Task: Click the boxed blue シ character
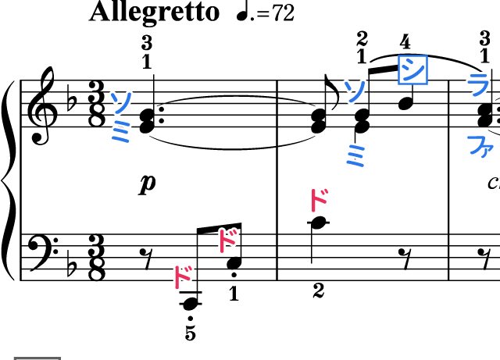point(412,70)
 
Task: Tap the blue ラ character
point(478,84)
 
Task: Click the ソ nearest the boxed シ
point(355,91)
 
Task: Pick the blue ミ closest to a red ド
point(356,155)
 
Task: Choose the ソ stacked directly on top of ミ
point(121,102)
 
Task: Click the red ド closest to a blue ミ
point(317,200)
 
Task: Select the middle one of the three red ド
point(226,241)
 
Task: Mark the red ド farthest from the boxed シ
point(181,276)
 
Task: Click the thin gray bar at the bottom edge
point(37,358)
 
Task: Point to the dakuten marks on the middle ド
point(234,232)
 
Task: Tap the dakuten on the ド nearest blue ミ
point(325,191)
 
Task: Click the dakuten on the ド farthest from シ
point(189,268)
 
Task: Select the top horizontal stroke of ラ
point(477,76)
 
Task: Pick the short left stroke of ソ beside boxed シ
point(348,84)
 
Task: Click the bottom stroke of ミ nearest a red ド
point(357,164)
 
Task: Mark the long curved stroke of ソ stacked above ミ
point(125,102)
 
